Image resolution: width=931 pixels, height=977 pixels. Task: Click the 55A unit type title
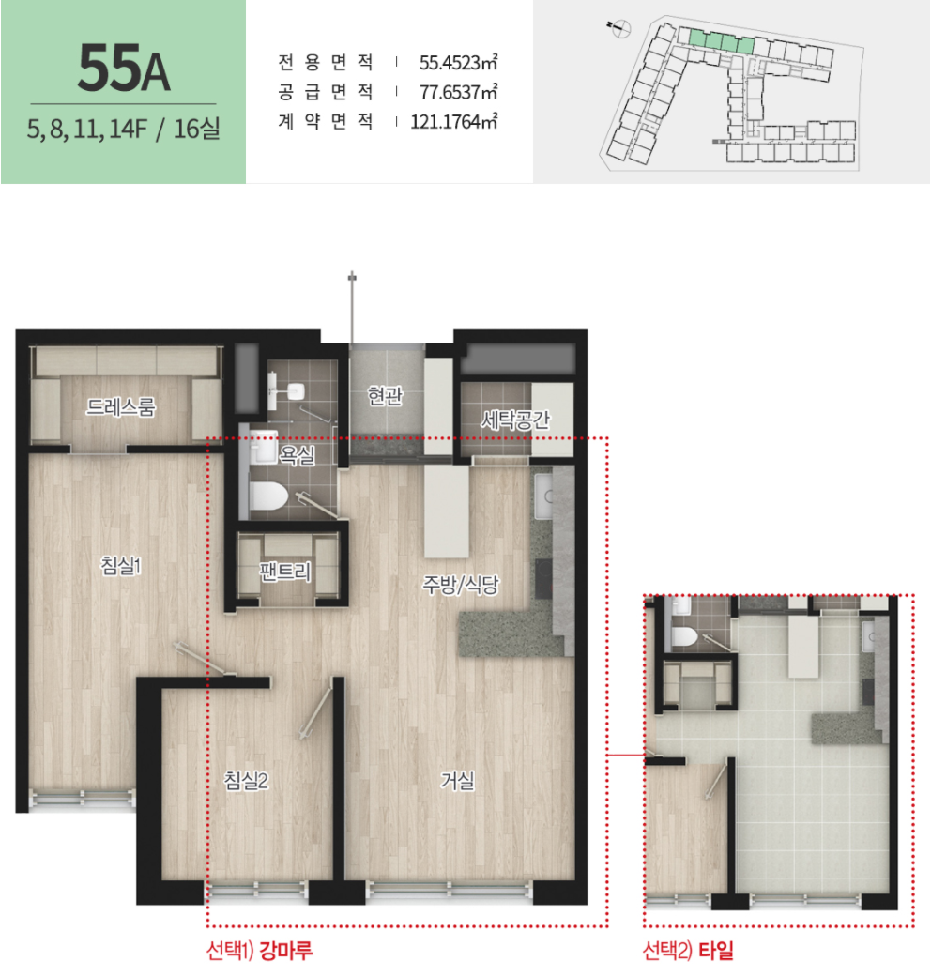123,68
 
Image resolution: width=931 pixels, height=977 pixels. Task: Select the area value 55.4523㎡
458,62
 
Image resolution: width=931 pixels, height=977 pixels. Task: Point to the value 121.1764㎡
453,121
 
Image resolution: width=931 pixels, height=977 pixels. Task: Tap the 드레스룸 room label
121,407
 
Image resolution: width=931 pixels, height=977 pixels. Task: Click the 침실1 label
121,565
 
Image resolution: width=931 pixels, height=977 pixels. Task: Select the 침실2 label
246,780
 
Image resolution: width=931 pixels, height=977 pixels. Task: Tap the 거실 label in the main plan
457,780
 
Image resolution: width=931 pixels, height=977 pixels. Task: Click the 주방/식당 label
461,584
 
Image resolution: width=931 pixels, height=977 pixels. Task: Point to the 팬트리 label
285,571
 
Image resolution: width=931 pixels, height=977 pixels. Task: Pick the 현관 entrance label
385,395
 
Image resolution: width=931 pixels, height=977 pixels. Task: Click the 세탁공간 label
514,420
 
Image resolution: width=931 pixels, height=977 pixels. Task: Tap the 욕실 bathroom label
298,455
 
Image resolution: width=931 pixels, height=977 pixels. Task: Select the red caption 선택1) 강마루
259,950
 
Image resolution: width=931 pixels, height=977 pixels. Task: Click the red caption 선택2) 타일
688,950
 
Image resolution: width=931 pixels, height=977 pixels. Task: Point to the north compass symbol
620,28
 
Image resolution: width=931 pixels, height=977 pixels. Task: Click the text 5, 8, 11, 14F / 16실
123,129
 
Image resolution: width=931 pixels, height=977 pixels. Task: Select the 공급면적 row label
326,92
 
